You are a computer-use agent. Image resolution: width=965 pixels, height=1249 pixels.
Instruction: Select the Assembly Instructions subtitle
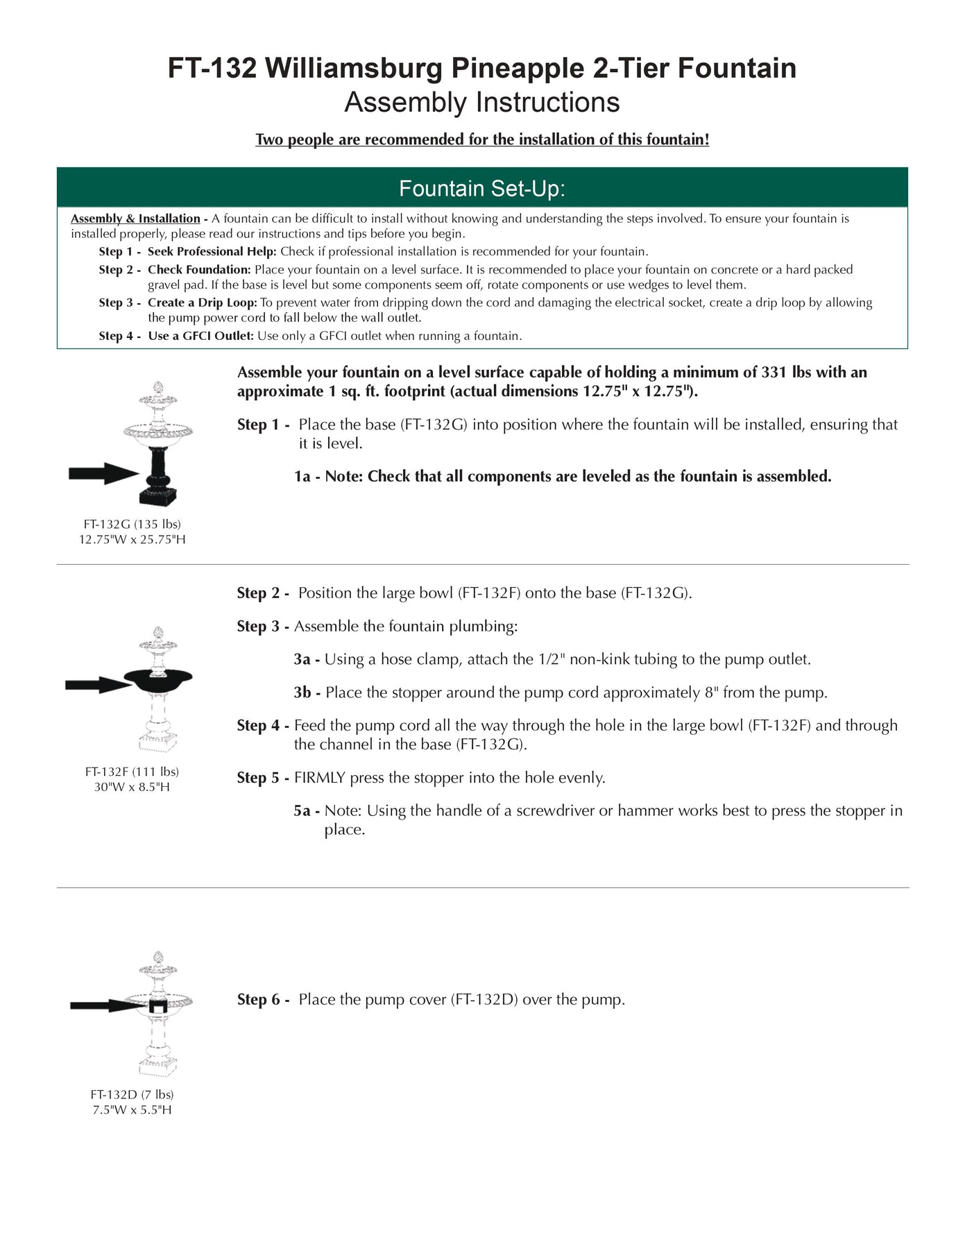tap(481, 103)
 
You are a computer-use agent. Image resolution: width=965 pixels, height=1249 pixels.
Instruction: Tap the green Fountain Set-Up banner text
tap(481, 188)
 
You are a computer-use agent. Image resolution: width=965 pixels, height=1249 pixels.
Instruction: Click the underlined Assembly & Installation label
tap(135, 219)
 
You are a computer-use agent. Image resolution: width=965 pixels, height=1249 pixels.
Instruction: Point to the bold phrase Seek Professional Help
tap(212, 251)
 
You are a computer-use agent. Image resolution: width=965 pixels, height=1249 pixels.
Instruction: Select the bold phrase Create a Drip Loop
tap(202, 303)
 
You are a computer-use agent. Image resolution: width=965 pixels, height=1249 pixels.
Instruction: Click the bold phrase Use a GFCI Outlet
tap(200, 336)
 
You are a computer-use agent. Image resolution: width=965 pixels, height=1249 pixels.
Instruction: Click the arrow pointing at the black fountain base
tap(103, 474)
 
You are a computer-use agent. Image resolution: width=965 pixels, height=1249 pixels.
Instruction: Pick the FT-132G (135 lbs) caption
tap(132, 524)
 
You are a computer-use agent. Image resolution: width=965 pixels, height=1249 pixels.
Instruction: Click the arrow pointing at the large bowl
tap(98, 685)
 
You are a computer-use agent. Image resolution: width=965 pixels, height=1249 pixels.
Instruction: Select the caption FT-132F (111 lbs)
tap(132, 772)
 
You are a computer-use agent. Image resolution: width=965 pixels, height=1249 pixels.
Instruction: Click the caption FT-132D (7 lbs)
tap(132, 1094)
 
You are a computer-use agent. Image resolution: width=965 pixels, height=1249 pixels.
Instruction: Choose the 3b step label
tap(307, 693)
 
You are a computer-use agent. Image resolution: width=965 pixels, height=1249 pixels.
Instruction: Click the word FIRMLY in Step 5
tap(319, 778)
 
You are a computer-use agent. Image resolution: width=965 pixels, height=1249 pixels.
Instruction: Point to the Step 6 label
tap(262, 999)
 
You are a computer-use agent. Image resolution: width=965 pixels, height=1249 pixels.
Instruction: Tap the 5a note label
tap(306, 810)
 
